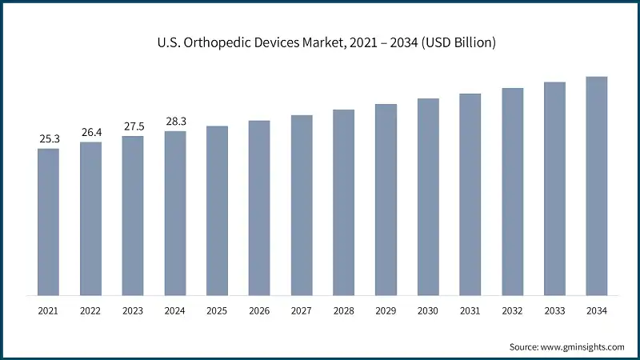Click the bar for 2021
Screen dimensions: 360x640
[48, 222]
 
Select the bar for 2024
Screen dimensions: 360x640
[175, 213]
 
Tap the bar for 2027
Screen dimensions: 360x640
[302, 205]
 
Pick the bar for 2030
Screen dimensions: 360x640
[428, 197]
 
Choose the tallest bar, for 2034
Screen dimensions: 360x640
[597, 186]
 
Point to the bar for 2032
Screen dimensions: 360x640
[513, 191]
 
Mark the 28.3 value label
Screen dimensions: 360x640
[175, 122]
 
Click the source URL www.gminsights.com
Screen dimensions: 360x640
[583, 346]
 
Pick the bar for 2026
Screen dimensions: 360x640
[259, 208]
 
